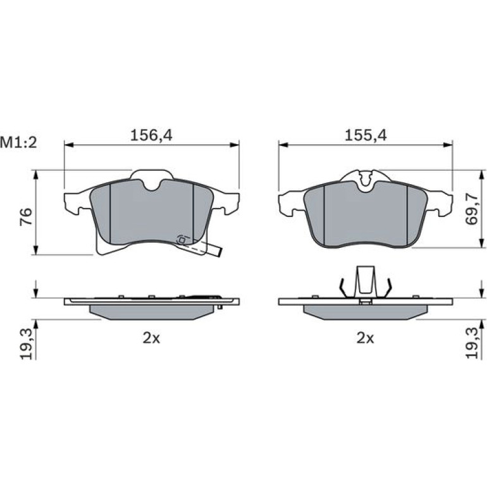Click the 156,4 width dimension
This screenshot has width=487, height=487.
pos(151,135)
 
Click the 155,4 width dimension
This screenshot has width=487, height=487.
pos(366,135)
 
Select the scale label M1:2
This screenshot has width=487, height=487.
pos(18,142)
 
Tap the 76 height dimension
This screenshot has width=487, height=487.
pos(26,217)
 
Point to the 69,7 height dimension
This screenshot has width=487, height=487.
pos(471,209)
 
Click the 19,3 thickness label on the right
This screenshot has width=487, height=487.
pos(472,344)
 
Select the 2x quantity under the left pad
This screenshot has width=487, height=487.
pos(151,338)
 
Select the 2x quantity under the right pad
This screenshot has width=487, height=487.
pos(366,338)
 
